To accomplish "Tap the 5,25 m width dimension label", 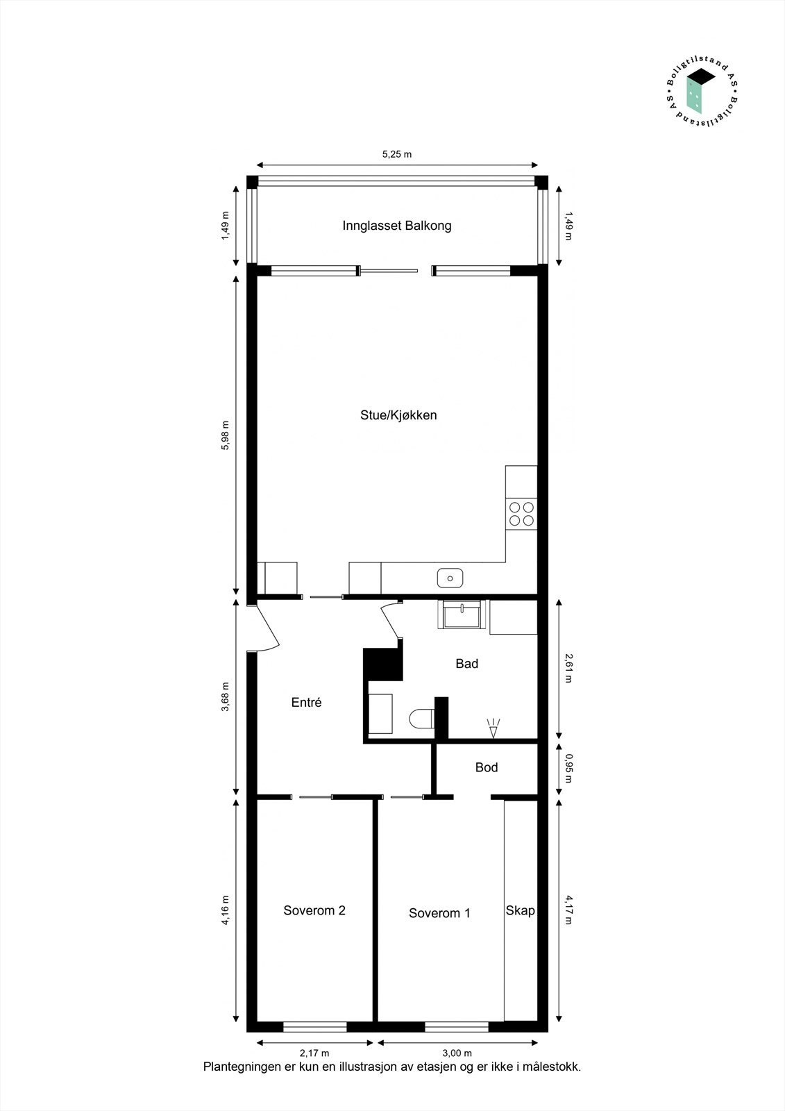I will click(397, 154).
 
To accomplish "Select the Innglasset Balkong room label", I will click(397, 226).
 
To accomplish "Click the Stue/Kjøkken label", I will click(398, 415).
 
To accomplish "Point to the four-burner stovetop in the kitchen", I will click(521, 514).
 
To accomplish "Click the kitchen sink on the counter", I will click(450, 578).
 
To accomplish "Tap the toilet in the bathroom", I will click(421, 719).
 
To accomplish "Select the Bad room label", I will click(466, 664).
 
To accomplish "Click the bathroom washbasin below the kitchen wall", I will click(461, 615).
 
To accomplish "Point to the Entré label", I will click(306, 703).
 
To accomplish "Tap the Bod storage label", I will click(487, 767).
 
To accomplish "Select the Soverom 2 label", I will click(314, 910).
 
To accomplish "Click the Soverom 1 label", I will click(439, 913).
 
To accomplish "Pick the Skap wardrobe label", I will click(520, 910).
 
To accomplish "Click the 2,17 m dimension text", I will click(314, 1053).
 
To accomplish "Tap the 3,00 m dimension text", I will click(457, 1053).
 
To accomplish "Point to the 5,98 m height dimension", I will click(224, 435).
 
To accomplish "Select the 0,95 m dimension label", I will click(568, 768).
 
